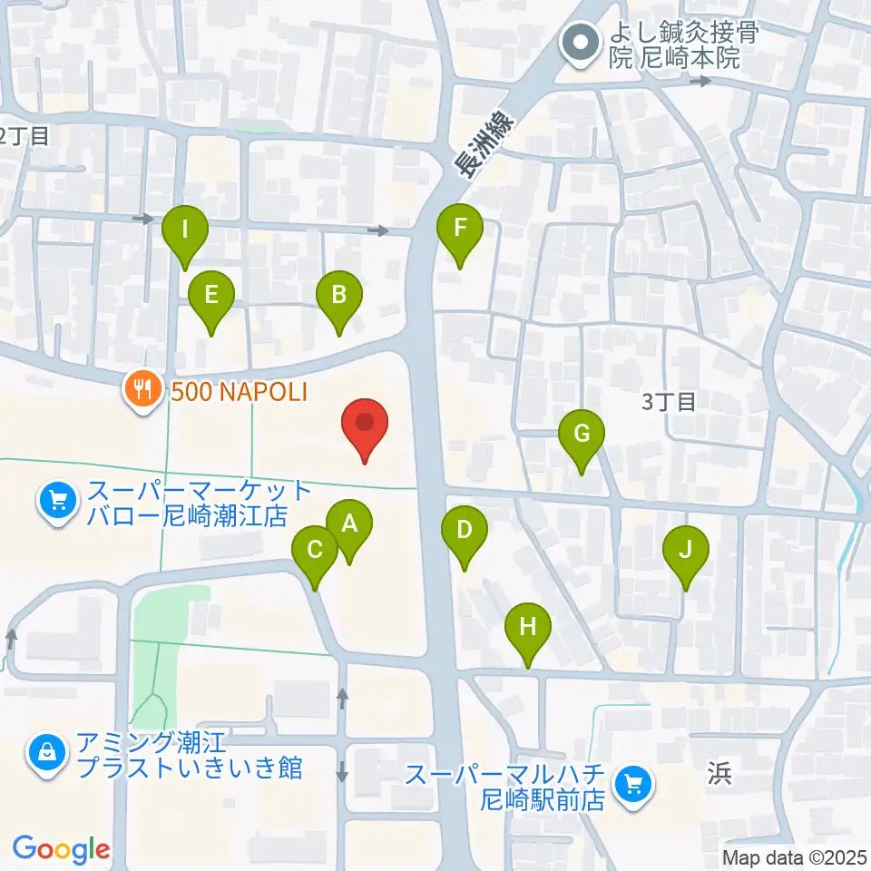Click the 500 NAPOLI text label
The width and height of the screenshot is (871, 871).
[x=239, y=392]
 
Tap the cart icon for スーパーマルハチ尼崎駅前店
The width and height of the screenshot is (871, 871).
[x=634, y=783]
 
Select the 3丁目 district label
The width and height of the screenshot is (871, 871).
[x=669, y=402]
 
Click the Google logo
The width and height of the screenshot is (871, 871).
[x=61, y=849]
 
